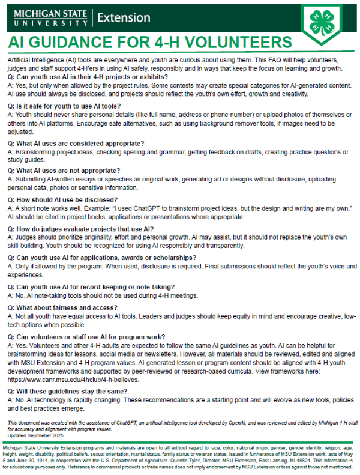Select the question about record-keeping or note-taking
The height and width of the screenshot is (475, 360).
coord(91,287)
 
